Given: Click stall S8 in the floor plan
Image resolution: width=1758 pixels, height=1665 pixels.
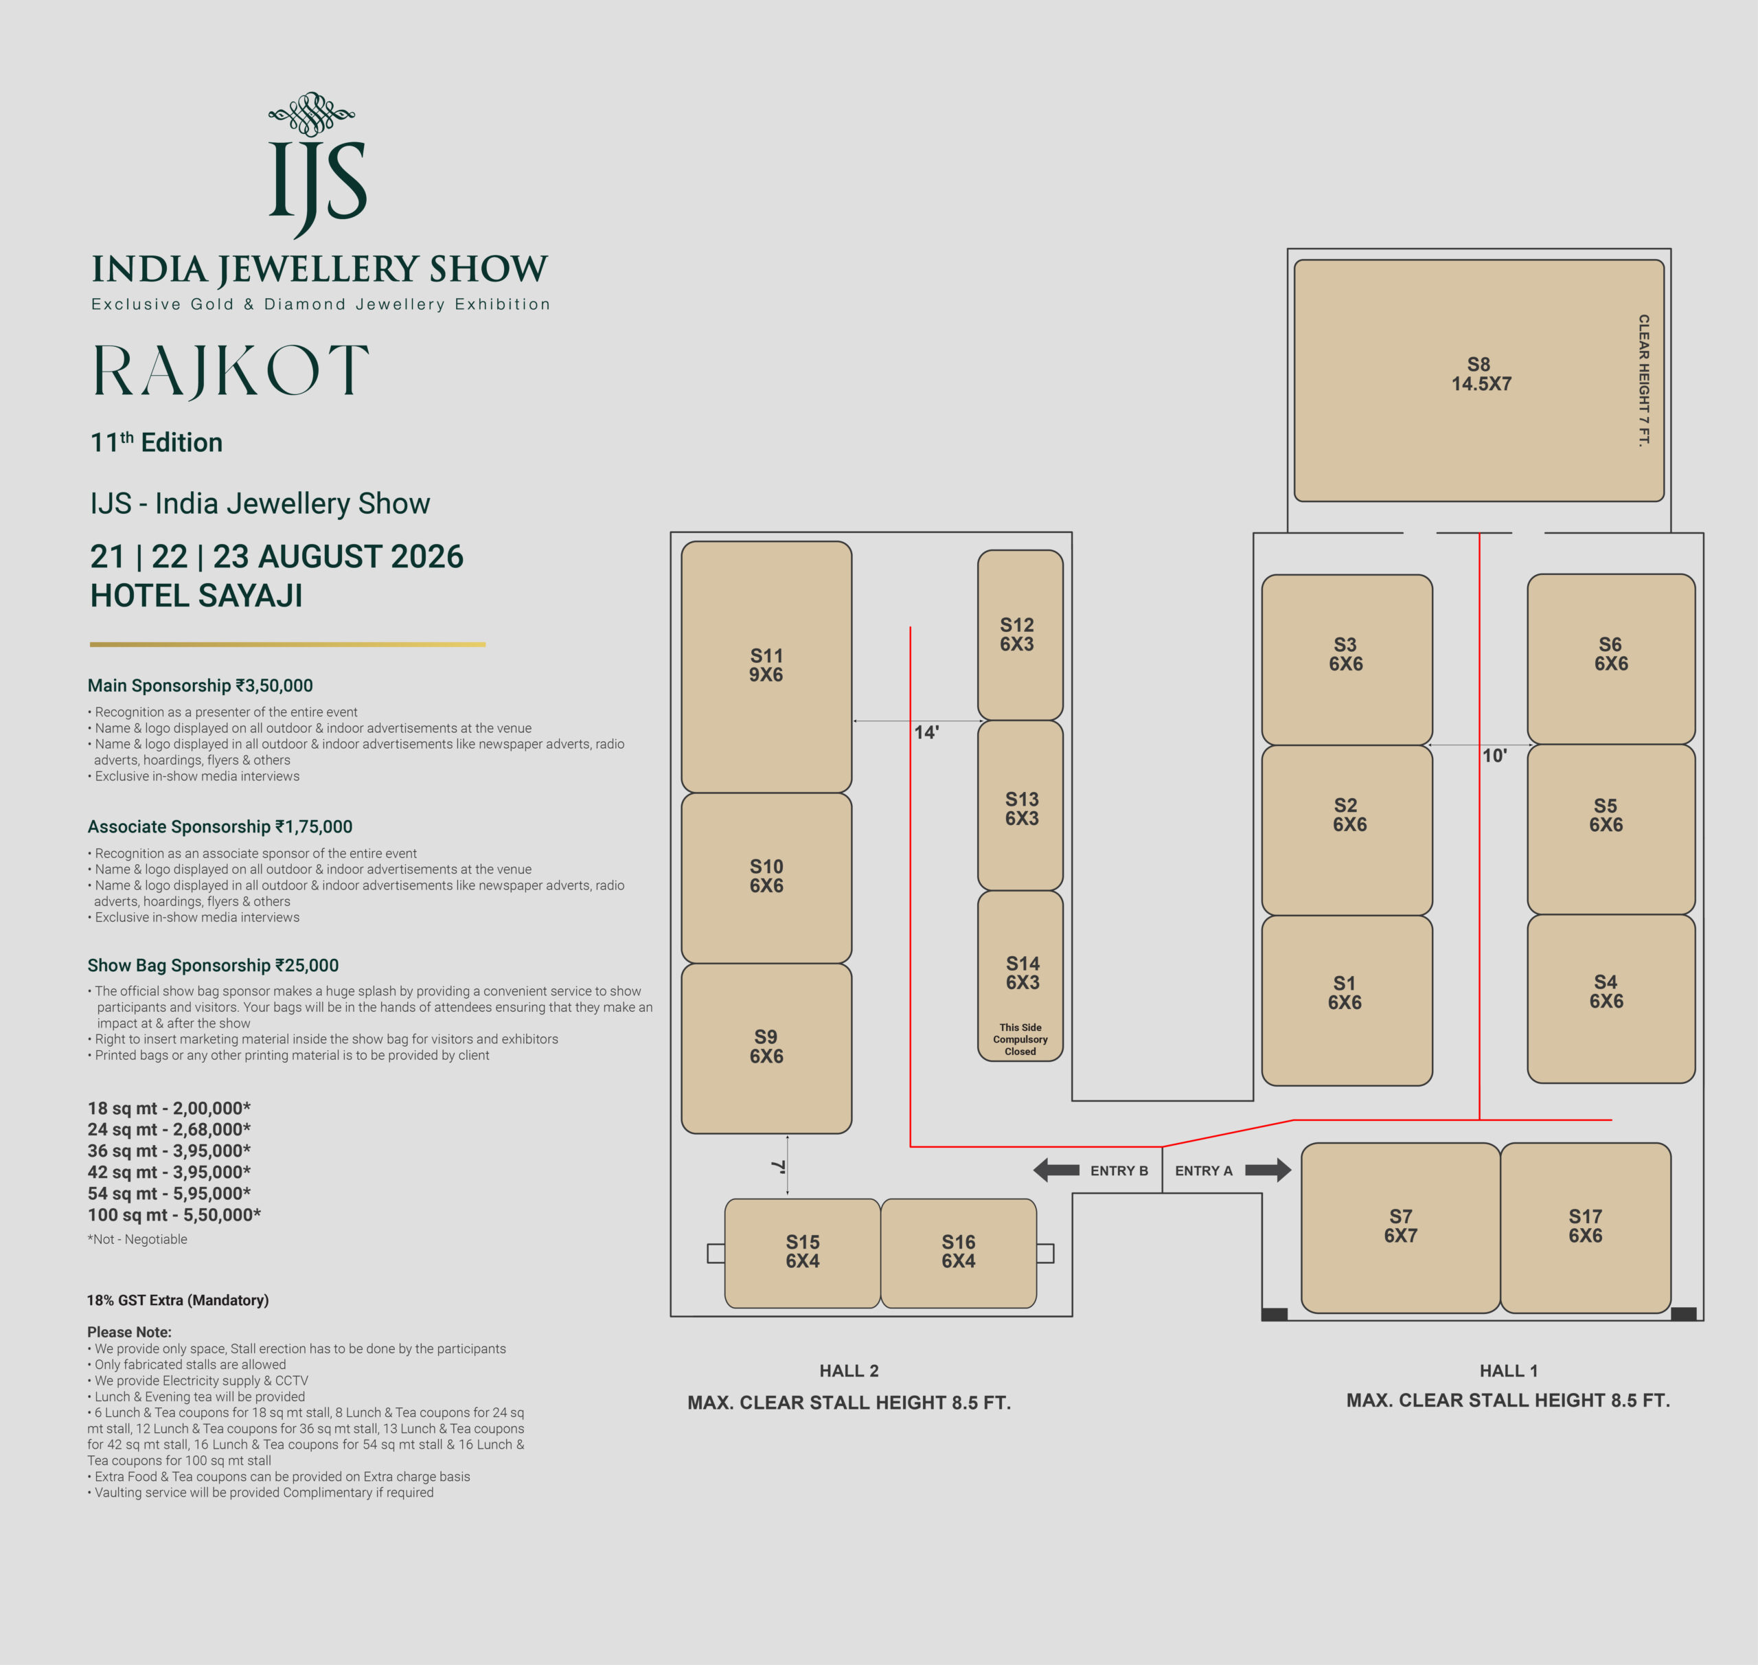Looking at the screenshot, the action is (1479, 380).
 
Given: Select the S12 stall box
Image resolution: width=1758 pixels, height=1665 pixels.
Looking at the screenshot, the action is (1020, 635).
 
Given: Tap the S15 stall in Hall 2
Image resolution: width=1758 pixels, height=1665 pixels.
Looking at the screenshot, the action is (802, 1253).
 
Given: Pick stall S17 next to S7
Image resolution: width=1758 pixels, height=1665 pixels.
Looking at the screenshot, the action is (1585, 1227).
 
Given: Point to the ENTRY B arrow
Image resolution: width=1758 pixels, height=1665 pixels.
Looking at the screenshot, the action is (1056, 1170).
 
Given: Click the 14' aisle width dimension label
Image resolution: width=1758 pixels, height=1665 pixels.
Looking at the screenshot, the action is (926, 732).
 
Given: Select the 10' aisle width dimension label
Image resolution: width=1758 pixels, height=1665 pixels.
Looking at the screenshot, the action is (1494, 756).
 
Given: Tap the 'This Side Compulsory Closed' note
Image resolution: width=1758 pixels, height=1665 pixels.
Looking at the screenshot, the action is (1020, 1039).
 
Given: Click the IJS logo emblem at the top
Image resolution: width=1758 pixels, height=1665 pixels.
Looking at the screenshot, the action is (317, 165).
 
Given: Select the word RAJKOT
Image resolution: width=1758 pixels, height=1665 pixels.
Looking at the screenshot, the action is (231, 371).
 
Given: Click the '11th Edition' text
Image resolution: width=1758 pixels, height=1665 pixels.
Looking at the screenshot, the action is (156, 442).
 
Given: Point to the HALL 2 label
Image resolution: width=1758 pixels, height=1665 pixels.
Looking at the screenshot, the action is (849, 1370).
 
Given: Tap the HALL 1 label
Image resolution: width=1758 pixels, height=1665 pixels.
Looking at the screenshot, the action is (1509, 1370).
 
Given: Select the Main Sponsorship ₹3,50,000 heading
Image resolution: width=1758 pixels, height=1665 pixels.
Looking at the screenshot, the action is (200, 686).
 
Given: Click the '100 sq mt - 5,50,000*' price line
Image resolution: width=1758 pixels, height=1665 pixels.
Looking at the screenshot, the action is (174, 1214).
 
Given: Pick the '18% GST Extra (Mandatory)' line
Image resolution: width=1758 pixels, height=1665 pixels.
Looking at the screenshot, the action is (177, 1300).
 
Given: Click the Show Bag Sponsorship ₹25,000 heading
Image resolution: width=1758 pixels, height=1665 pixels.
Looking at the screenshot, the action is (213, 965).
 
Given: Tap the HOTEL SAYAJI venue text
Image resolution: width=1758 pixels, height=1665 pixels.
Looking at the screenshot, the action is (196, 596).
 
